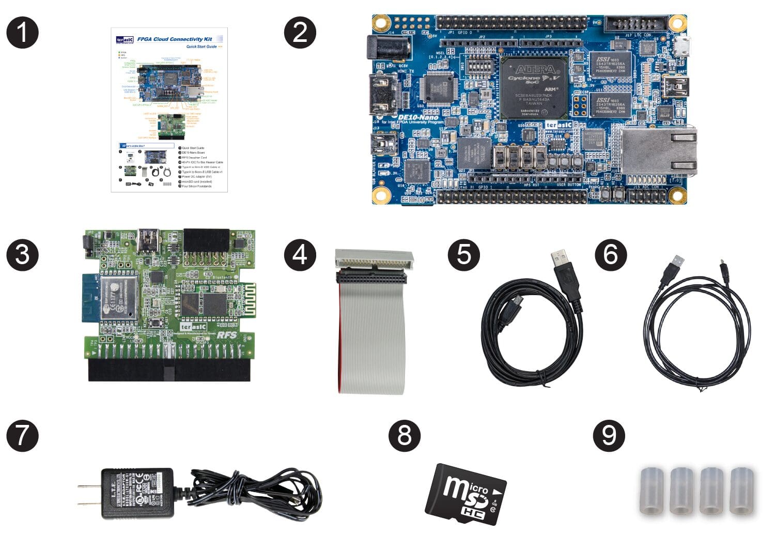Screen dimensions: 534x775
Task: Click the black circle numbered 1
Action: point(22,33)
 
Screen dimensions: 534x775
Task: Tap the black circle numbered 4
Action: point(300,254)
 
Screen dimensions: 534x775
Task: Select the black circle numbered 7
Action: point(22,435)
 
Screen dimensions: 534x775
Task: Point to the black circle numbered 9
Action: point(609,435)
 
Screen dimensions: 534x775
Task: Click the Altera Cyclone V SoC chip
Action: point(534,87)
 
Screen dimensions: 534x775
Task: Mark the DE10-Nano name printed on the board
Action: point(418,118)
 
